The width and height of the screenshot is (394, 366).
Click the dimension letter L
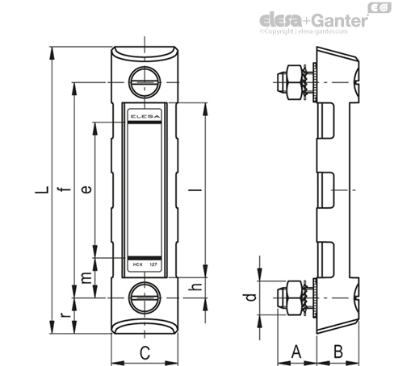pyautogui.click(x=42, y=190)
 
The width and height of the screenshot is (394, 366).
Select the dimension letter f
pyautogui.click(x=65, y=189)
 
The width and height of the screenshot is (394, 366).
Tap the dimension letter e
pyautogui.click(x=86, y=189)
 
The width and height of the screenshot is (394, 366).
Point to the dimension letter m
pyautogui.click(x=86, y=278)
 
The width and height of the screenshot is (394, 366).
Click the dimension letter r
pyautogui.click(x=65, y=314)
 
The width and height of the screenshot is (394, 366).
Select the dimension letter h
pyautogui.click(x=195, y=287)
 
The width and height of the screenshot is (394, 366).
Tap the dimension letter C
pyautogui.click(x=145, y=352)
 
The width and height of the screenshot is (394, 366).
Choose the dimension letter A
pyautogui.click(x=296, y=351)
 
